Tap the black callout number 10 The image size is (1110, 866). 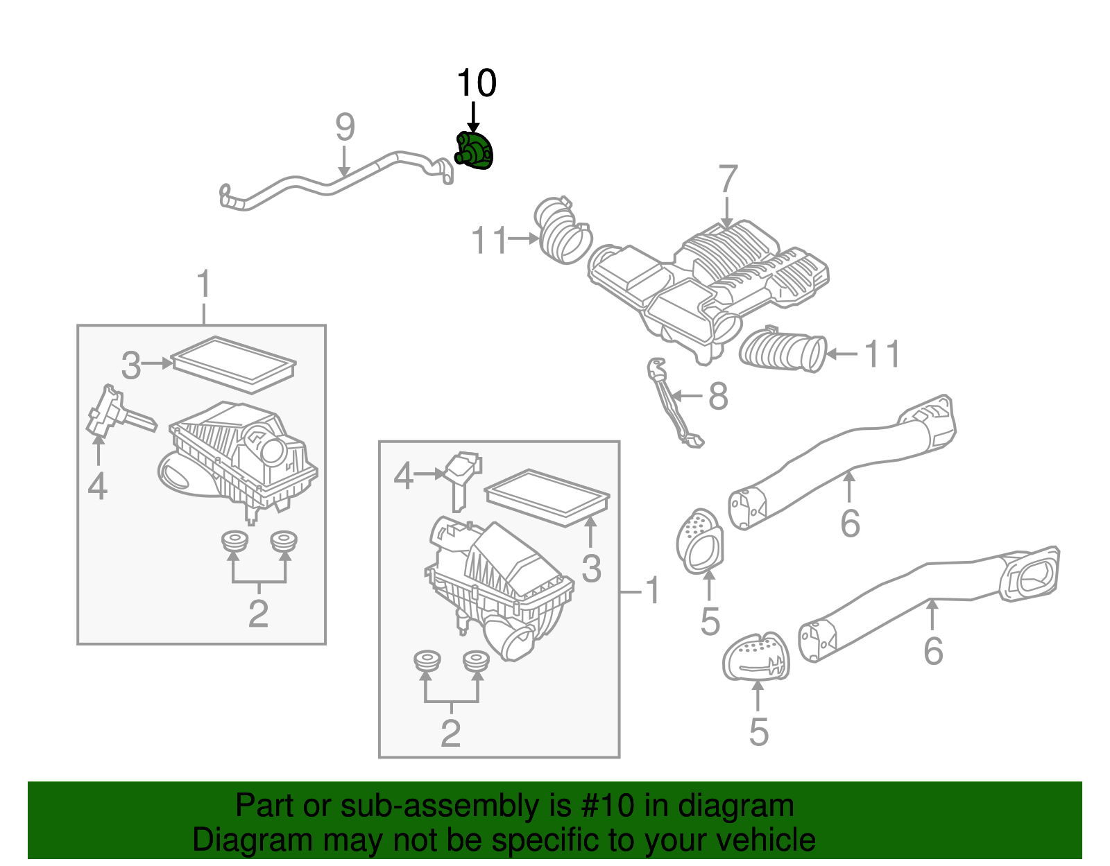click(476, 84)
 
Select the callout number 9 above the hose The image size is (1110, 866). click(345, 128)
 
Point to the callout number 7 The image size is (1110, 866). click(727, 180)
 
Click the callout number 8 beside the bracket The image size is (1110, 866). click(718, 397)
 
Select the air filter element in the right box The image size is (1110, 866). click(547, 498)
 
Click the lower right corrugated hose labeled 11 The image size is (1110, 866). click(783, 351)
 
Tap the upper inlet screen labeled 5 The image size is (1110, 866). click(699, 542)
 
